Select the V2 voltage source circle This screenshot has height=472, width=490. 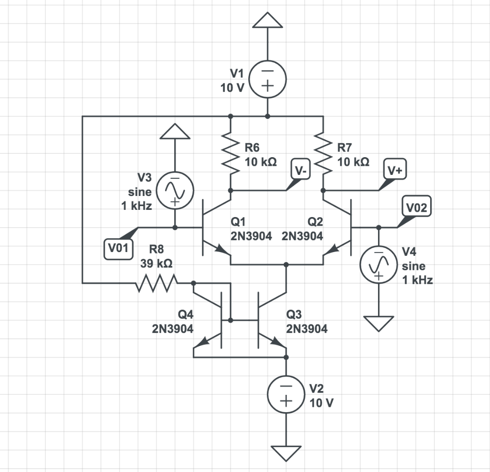[x=286, y=395]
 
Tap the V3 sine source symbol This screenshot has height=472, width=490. [x=175, y=190]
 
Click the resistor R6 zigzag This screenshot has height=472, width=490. [x=231, y=153]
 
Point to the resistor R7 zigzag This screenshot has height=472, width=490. [x=323, y=153]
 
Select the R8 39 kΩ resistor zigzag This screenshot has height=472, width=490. [x=156, y=283]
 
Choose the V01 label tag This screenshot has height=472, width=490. [x=118, y=248]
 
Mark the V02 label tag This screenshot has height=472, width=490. [x=418, y=207]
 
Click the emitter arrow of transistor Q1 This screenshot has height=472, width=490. [x=220, y=249]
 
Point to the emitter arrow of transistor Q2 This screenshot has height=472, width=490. [x=334, y=249]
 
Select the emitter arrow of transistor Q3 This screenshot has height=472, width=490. [x=277, y=342]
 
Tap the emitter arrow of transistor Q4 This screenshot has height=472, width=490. [x=204, y=342]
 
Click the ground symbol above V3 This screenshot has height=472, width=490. [x=175, y=131]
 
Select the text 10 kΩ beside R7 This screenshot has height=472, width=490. [x=354, y=162]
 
